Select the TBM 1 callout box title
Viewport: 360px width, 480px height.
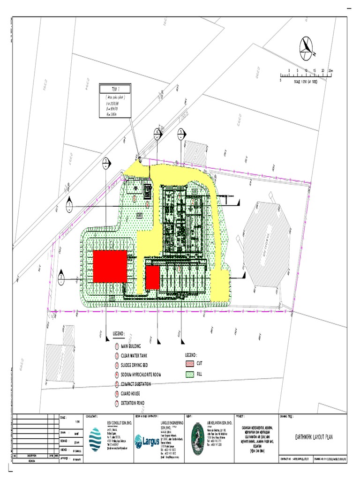click(x=115, y=89)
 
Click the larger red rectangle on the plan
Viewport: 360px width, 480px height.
click(x=110, y=266)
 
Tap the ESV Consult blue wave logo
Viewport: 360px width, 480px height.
click(x=95, y=438)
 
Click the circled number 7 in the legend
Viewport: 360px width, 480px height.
click(x=117, y=403)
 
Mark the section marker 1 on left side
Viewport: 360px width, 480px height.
click(x=70, y=205)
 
